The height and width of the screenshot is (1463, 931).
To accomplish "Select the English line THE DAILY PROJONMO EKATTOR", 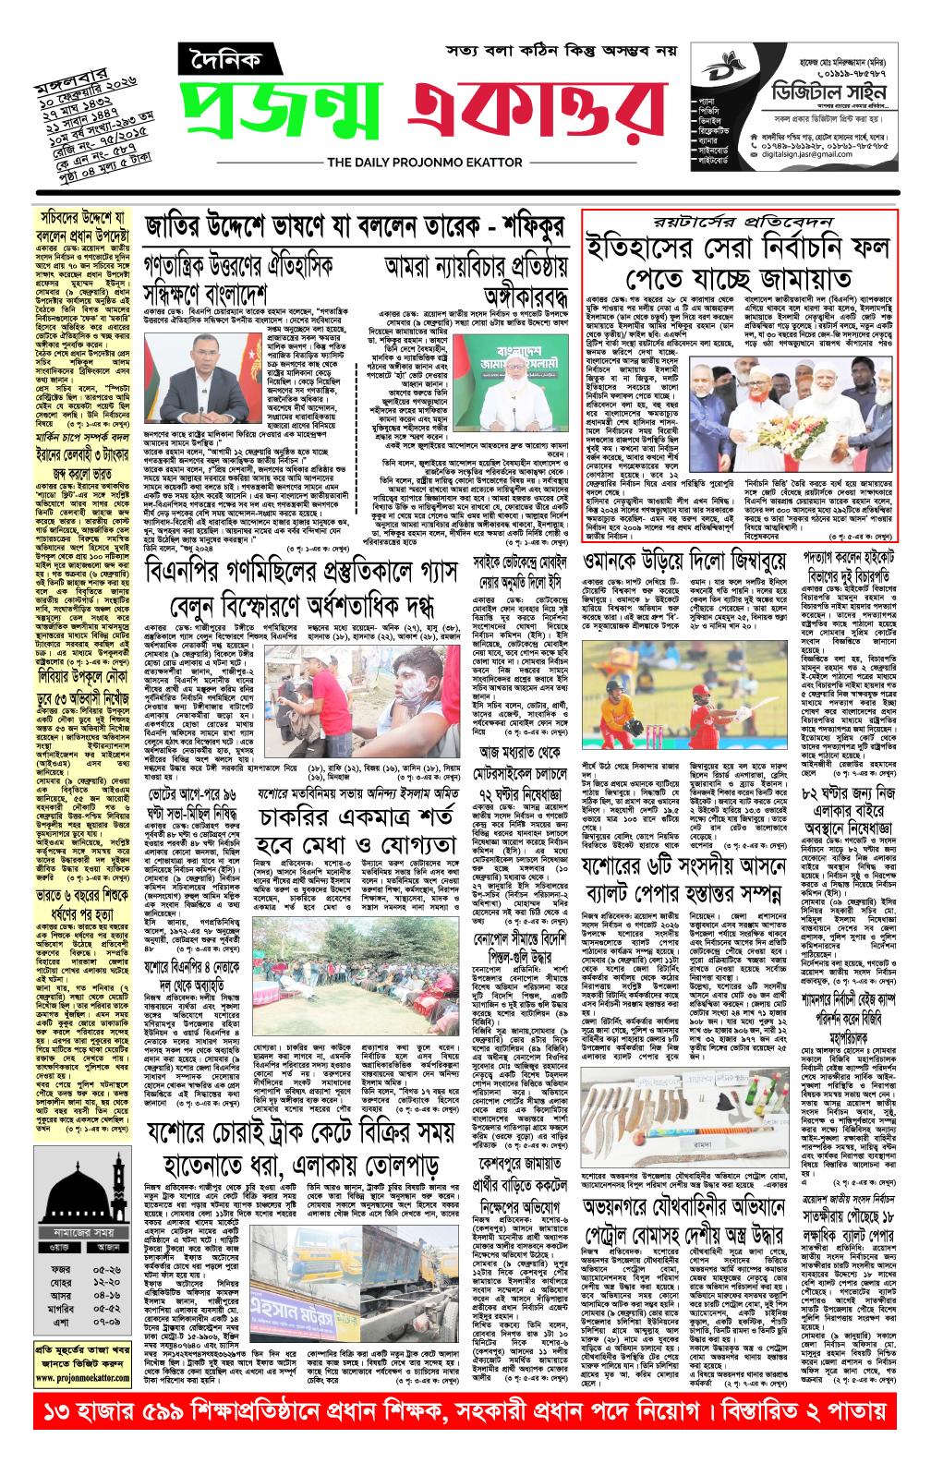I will pyautogui.click(x=424, y=163).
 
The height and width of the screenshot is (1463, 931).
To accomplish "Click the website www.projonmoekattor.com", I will pyautogui.click(x=83, y=1377).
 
